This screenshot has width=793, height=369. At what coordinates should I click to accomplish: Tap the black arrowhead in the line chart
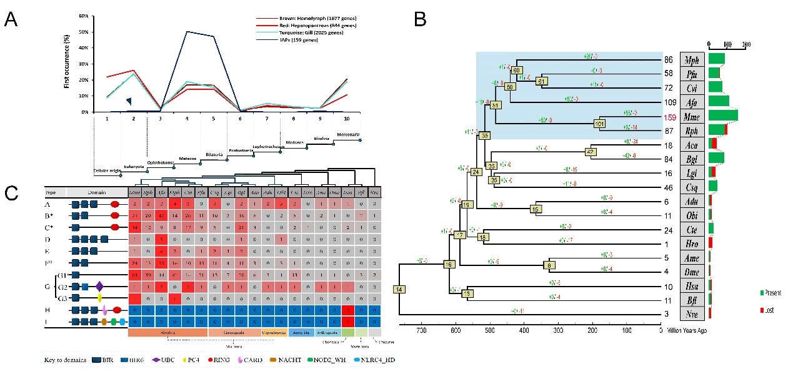click(x=129, y=101)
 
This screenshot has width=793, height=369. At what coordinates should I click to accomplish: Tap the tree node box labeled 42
click(x=592, y=152)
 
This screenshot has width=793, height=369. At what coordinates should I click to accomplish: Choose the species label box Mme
click(x=692, y=117)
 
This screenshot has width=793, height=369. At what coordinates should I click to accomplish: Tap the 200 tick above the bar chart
click(x=745, y=45)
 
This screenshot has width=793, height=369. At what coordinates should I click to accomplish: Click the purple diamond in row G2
click(x=100, y=286)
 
